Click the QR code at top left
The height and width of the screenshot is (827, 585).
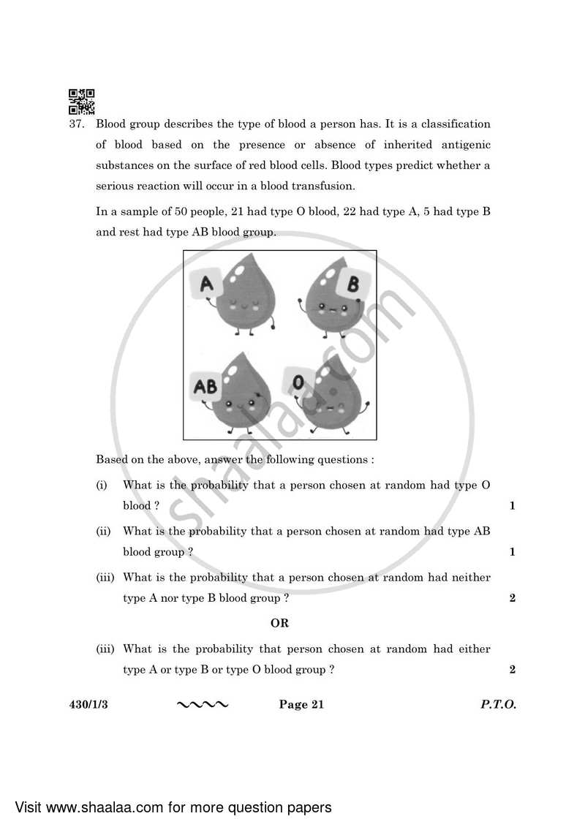point(81,102)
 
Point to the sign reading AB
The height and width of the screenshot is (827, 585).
point(205,386)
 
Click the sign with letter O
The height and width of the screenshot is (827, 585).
point(298,383)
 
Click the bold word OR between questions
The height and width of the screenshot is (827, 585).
point(279,624)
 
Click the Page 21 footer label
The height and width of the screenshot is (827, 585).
point(301,705)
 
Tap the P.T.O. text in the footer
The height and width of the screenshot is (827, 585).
point(498,705)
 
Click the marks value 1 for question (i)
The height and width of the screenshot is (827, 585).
point(512,506)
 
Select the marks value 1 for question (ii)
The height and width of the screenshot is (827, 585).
point(512,552)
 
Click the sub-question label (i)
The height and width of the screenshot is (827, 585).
point(102,486)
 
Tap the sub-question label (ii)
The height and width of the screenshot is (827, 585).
point(103,532)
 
